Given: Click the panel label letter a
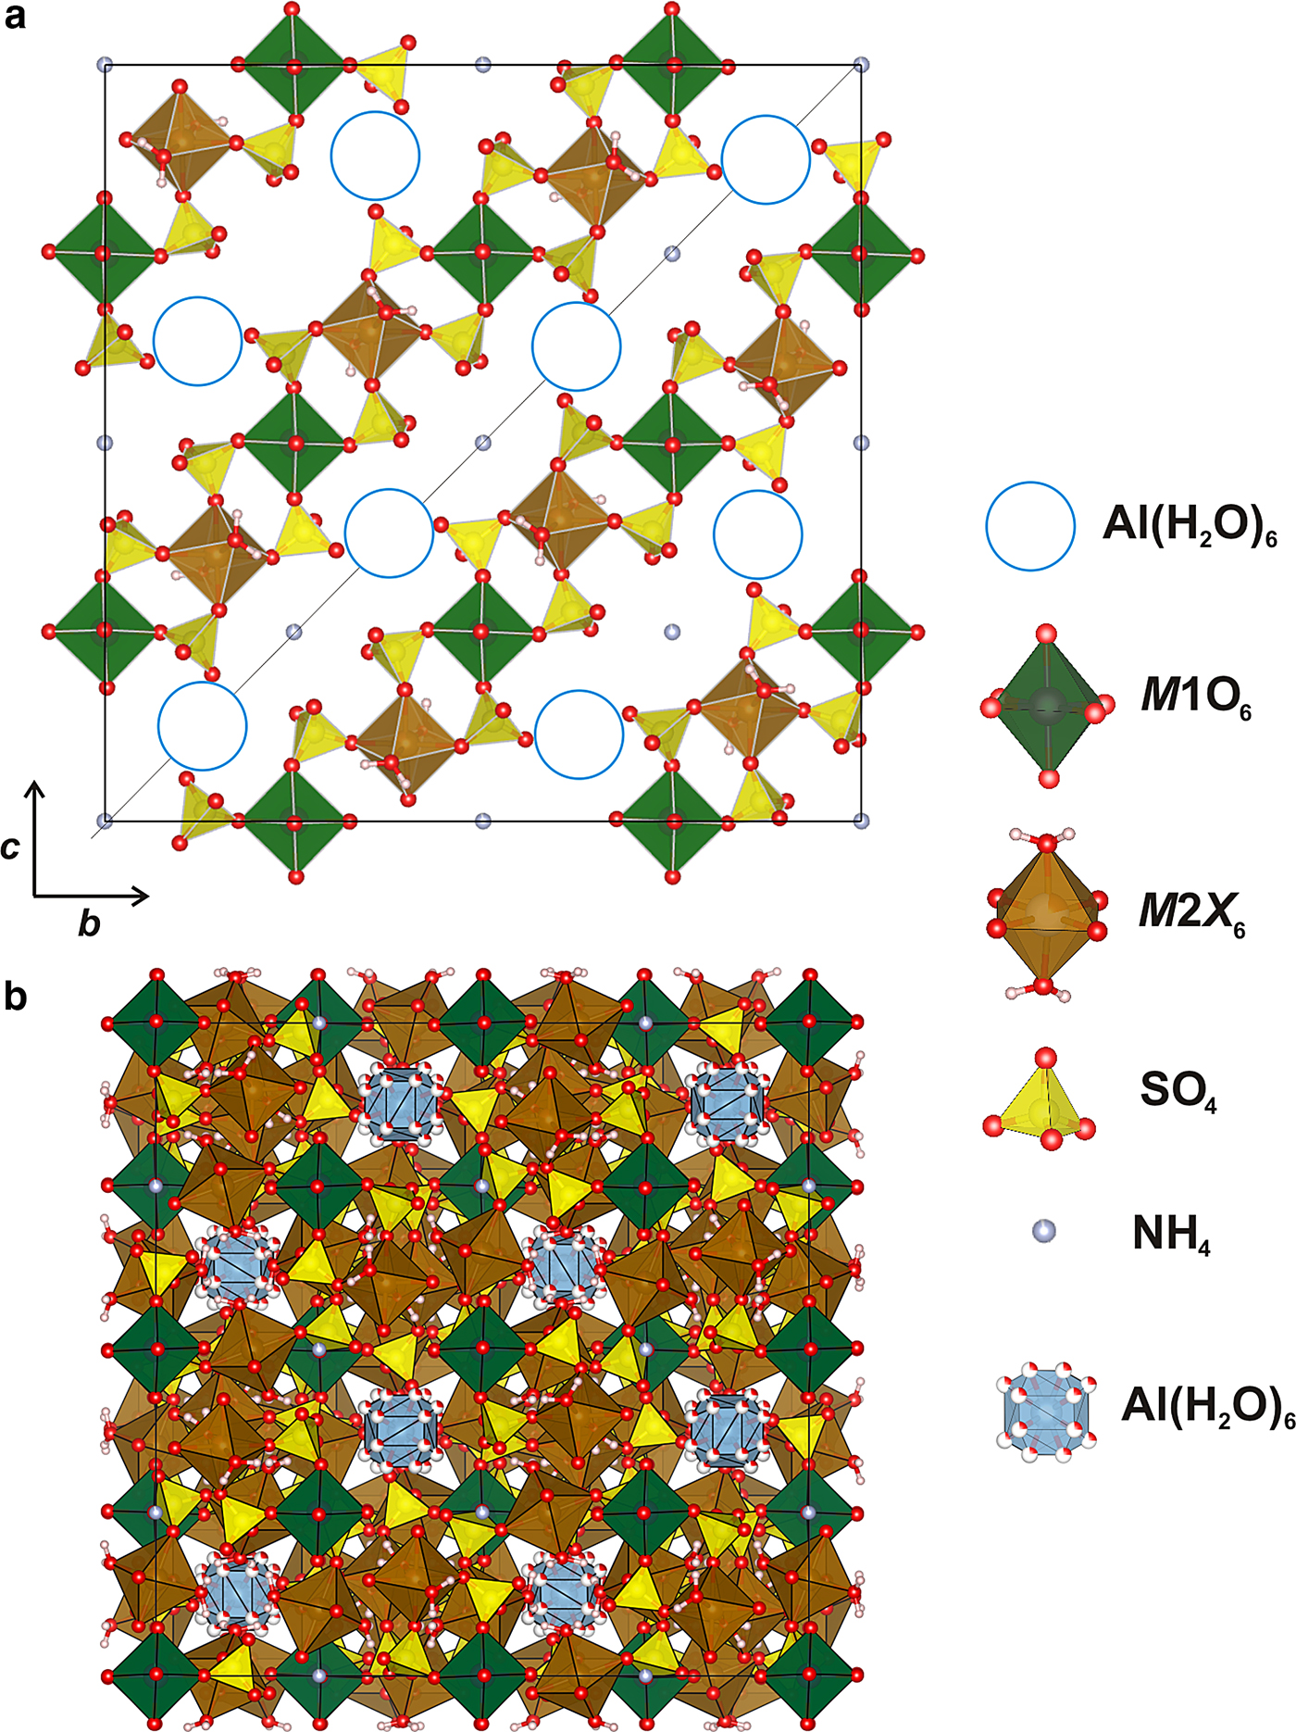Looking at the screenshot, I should (x=15, y=18).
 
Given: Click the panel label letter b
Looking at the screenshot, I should (x=16, y=997).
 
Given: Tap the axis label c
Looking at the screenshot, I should (x=10, y=847).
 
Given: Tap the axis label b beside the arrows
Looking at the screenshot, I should (x=89, y=922).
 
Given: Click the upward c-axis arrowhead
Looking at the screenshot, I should (x=35, y=789).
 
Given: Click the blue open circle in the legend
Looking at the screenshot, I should (x=1030, y=526).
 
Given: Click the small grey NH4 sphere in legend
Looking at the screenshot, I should (x=1044, y=1231).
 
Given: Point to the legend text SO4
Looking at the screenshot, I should (x=1178, y=1092).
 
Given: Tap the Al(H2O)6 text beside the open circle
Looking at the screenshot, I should (x=1190, y=526).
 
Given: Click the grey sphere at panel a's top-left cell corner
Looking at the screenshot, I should (x=105, y=65).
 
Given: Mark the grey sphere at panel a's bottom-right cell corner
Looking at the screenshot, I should (x=862, y=821).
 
